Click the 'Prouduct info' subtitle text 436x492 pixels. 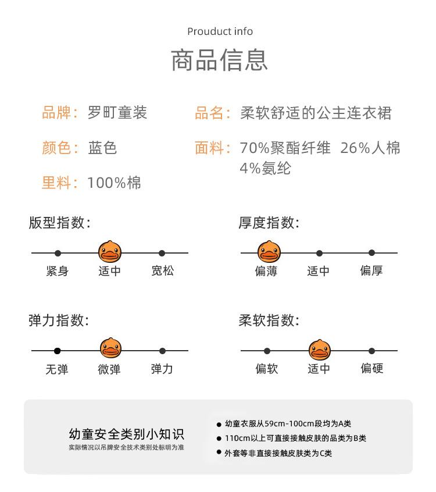[x=220, y=31]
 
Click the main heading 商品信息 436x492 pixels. [x=219, y=60]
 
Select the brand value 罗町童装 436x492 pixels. [x=117, y=112]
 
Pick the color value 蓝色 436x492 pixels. [x=102, y=148]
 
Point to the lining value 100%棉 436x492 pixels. [x=114, y=183]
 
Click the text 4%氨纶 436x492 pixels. [x=265, y=169]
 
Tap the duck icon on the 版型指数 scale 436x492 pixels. [x=110, y=252]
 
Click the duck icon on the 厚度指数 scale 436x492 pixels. [x=269, y=252]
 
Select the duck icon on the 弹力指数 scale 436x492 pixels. [x=110, y=350]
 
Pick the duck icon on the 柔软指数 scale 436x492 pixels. [x=319, y=350]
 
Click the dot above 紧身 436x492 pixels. [x=58, y=253]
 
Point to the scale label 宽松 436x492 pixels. [x=162, y=271]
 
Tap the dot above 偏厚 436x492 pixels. [x=371, y=252]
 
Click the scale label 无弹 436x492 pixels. [x=57, y=369]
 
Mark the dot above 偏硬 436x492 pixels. [x=371, y=351]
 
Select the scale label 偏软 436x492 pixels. [x=267, y=369]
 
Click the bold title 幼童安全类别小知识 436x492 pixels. [x=126, y=434]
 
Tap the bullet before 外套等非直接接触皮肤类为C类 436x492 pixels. [x=219, y=452]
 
